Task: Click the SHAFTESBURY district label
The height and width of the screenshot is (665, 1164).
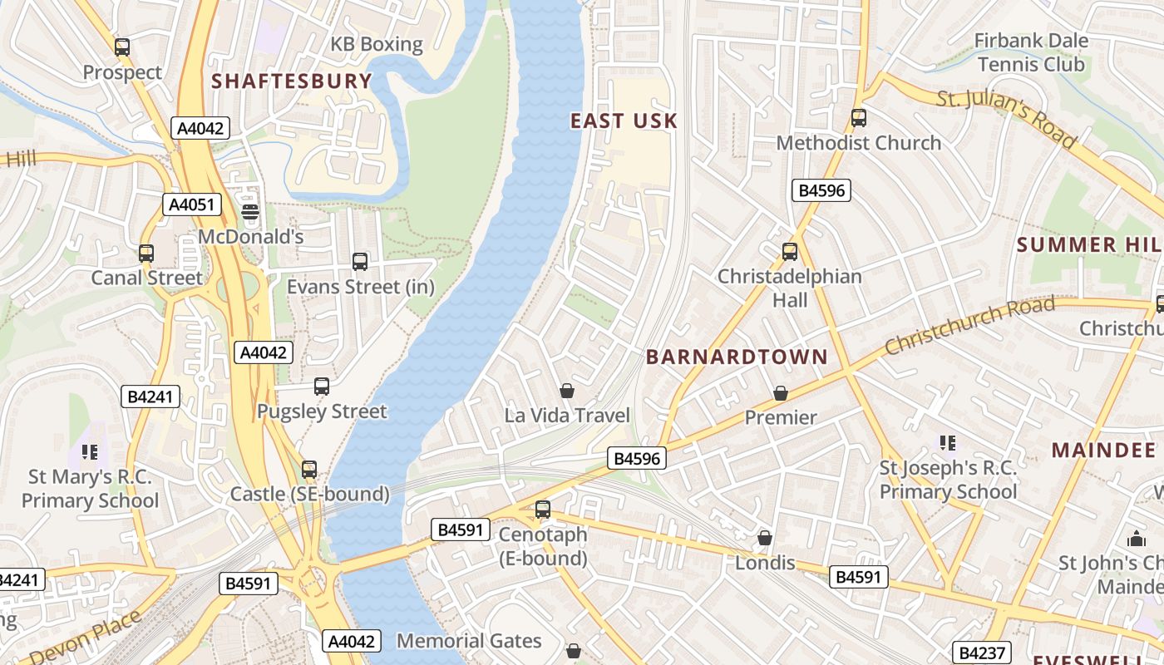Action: click(291, 81)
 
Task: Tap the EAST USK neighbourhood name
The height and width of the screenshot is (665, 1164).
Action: click(624, 121)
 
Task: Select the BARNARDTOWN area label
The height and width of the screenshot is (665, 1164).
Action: click(737, 357)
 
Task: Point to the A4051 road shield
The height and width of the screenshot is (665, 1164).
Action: click(191, 204)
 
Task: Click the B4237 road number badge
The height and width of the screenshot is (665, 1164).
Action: click(981, 653)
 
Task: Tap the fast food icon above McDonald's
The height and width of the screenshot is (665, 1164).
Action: click(250, 212)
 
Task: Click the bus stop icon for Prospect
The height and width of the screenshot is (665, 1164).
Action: click(122, 47)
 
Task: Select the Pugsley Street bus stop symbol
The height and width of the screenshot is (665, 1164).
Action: click(322, 387)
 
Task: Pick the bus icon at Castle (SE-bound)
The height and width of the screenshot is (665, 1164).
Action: click(309, 470)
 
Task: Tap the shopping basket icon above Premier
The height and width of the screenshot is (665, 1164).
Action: click(780, 392)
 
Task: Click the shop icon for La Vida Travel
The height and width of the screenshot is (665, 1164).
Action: click(567, 391)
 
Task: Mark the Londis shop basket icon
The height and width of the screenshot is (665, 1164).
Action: click(765, 539)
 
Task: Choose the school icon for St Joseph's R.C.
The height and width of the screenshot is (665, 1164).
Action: click(947, 443)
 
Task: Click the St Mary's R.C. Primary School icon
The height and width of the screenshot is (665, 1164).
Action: click(90, 452)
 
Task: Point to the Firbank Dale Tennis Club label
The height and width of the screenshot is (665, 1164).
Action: click(1031, 52)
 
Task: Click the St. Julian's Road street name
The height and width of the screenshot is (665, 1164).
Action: click(1006, 119)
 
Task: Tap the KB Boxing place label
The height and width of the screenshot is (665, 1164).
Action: click(377, 44)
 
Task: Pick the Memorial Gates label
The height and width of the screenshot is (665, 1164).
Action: click(469, 641)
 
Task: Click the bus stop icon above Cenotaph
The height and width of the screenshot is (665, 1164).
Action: click(543, 510)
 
